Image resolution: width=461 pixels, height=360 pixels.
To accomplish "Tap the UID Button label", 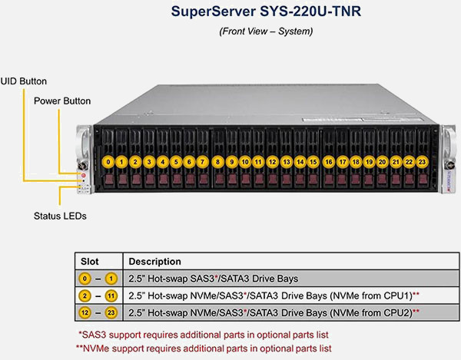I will tap(24, 81).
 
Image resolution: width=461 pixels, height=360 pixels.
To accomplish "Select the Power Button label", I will tap(62, 101).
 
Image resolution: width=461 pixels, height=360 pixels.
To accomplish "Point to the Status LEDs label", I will tap(60, 216).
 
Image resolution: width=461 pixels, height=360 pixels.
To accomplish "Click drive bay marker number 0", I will tap(109, 162).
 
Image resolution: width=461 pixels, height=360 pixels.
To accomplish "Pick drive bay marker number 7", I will tap(203, 162).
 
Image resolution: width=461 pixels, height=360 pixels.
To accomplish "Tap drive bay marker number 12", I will tap(273, 162).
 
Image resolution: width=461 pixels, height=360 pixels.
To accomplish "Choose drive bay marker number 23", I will tap(422, 162).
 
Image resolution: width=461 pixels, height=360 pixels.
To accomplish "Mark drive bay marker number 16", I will tap(328, 162).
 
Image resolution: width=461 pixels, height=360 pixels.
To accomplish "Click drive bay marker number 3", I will tap(149, 162).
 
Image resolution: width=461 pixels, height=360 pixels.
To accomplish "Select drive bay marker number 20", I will tap(382, 162).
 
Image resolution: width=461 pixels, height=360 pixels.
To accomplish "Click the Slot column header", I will tap(90, 262).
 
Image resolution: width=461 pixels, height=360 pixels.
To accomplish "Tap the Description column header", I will tap(155, 262).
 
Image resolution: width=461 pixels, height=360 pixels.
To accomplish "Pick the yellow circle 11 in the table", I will tap(112, 296).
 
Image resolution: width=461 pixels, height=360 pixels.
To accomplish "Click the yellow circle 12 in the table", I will tap(87, 313).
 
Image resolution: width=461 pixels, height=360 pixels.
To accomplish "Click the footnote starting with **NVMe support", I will tap(203, 348).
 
